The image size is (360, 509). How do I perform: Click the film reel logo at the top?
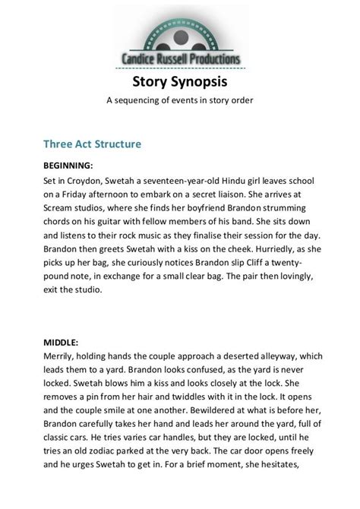coord(180,30)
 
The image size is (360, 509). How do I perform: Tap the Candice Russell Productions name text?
coord(180,58)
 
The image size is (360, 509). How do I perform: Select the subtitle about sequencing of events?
coord(180,100)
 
